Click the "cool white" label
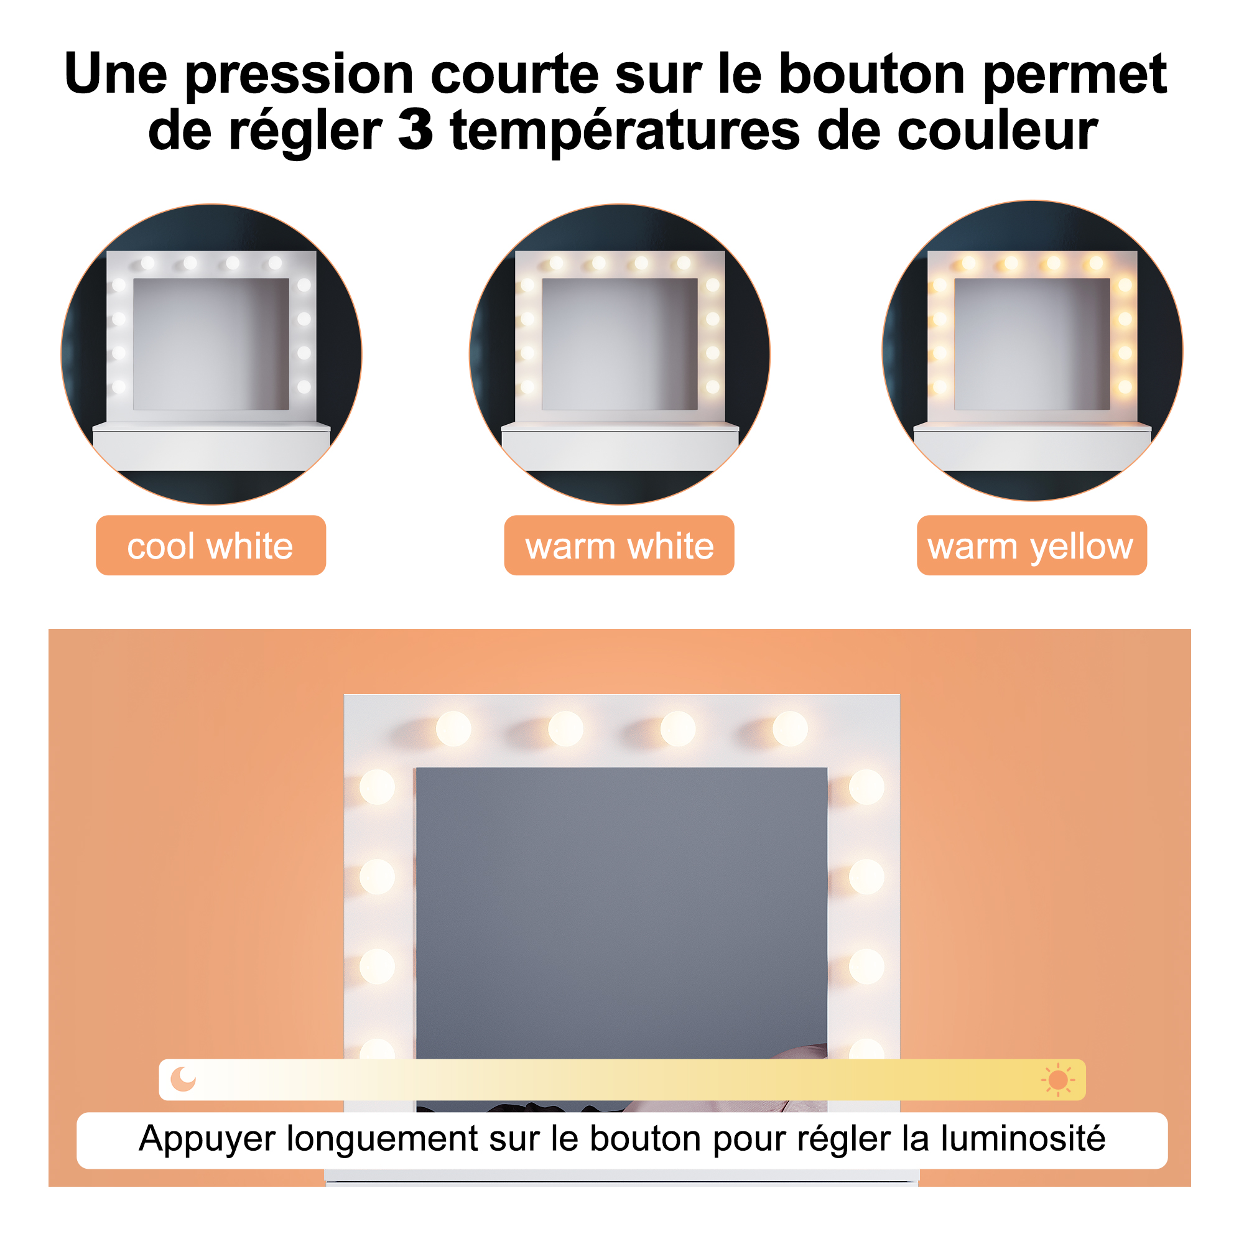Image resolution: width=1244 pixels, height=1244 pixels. tap(211, 545)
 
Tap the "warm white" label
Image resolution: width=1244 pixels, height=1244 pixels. tap(619, 545)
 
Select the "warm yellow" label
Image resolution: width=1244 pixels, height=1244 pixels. tap(1031, 545)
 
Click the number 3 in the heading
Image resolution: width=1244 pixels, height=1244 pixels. tap(415, 130)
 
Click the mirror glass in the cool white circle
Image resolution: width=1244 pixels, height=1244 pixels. tap(211, 344)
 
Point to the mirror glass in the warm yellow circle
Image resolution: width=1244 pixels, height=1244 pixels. tap(1031, 344)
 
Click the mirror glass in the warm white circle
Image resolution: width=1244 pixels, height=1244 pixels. tap(620, 344)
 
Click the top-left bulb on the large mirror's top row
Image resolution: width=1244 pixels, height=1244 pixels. tap(453, 729)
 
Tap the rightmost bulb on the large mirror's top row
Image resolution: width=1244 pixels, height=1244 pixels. tap(790, 729)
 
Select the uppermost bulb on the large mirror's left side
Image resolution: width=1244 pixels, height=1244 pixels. tap(377, 787)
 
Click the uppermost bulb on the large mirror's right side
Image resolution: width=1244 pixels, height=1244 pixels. tap(866, 787)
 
